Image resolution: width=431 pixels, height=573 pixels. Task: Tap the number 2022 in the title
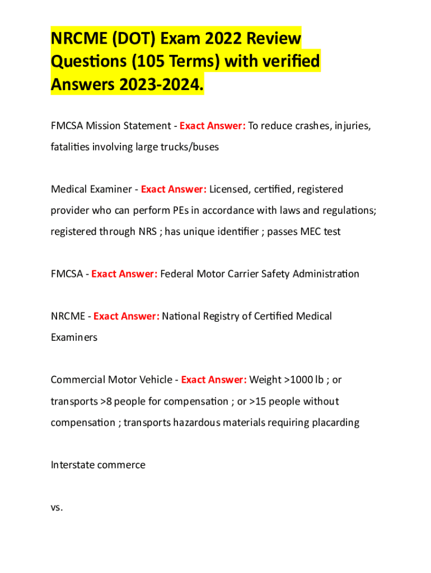coord(210,40)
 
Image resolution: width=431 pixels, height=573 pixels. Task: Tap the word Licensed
coord(229,189)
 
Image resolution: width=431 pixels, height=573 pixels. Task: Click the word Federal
coord(177,274)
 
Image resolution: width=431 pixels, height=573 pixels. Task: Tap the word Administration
coord(326,274)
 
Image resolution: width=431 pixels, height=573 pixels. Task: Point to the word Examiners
coord(74,338)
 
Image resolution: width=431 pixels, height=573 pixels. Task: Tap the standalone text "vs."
coord(57,508)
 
